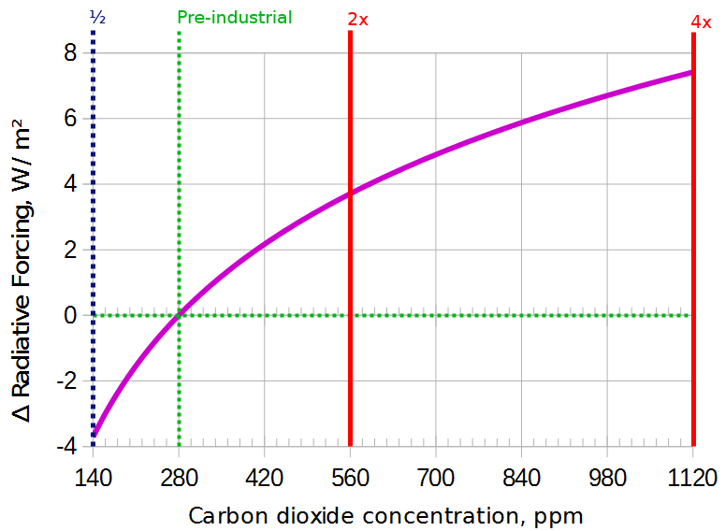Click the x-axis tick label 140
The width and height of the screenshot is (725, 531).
click(x=93, y=479)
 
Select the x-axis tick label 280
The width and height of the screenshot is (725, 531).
click(x=179, y=479)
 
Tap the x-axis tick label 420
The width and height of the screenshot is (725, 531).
click(x=265, y=479)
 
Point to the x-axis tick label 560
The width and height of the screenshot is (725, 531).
click(x=350, y=479)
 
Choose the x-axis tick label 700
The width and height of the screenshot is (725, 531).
click(x=436, y=479)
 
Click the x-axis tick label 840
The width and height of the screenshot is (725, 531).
click(x=521, y=479)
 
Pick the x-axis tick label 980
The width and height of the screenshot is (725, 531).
click(x=607, y=479)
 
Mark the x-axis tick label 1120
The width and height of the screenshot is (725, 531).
click(x=692, y=479)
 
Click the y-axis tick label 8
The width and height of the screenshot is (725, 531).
click(x=69, y=53)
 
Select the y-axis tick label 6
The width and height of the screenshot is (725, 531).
click(x=69, y=119)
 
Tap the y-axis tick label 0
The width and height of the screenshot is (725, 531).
click(x=69, y=315)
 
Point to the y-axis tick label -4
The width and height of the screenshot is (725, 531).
click(x=65, y=447)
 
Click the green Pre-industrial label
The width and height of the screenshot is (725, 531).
click(x=234, y=18)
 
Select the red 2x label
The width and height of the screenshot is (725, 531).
click(x=357, y=19)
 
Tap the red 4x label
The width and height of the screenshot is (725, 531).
click(x=699, y=19)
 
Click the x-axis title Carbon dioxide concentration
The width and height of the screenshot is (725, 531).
click(x=385, y=515)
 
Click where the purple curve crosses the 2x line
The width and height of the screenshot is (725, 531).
click(x=350, y=194)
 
